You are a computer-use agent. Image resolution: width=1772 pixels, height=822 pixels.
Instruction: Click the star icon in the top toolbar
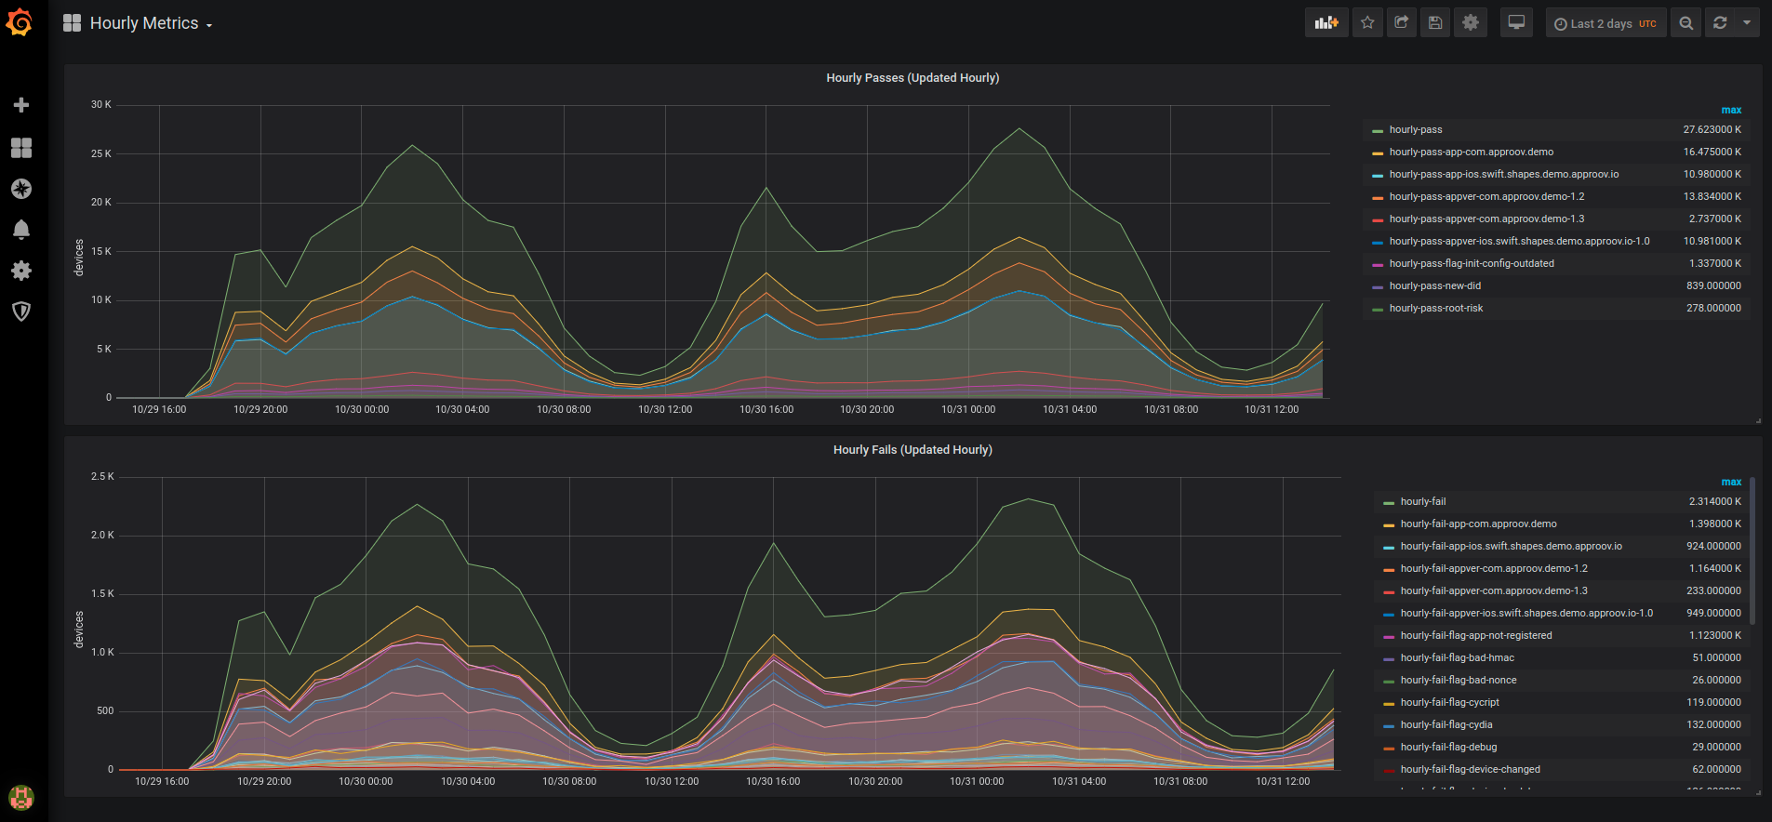click(x=1367, y=23)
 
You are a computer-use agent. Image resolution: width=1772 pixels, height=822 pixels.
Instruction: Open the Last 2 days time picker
click(x=1605, y=23)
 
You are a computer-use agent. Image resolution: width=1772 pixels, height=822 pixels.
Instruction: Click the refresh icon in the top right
click(x=1720, y=23)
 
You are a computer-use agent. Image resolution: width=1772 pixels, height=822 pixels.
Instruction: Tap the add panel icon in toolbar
click(x=1326, y=23)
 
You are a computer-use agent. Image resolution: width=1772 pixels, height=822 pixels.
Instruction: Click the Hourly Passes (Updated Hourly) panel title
click(x=913, y=78)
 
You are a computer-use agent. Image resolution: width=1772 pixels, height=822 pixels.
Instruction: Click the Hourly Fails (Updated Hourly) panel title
click(x=913, y=450)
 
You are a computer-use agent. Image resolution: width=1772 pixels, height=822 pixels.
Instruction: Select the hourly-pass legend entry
click(x=1415, y=130)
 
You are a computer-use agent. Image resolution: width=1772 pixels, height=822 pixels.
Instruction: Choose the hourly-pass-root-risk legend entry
click(x=1435, y=309)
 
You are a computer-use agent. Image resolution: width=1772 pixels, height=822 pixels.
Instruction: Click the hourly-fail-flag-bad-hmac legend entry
click(x=1457, y=658)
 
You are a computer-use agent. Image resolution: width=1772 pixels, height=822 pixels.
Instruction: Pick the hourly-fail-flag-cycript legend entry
click(x=1449, y=703)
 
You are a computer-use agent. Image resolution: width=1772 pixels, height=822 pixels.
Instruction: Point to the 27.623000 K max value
click(x=1712, y=130)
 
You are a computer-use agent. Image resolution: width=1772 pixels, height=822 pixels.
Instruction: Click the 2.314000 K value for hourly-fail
click(x=1714, y=502)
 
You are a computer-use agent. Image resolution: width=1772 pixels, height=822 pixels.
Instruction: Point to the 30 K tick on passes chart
click(x=100, y=105)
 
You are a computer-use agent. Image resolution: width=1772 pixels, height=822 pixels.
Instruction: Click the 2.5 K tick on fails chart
click(x=102, y=477)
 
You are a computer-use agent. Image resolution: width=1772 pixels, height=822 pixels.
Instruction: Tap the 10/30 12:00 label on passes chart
click(x=665, y=410)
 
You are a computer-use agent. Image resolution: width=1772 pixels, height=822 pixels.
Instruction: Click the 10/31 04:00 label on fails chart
click(x=1079, y=782)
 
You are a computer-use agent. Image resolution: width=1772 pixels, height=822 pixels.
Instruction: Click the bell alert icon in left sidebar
click(x=21, y=230)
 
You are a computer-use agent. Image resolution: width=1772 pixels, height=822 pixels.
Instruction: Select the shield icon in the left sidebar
click(x=21, y=312)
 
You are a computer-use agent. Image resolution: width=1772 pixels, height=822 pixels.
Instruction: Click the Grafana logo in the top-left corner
click(x=20, y=22)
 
